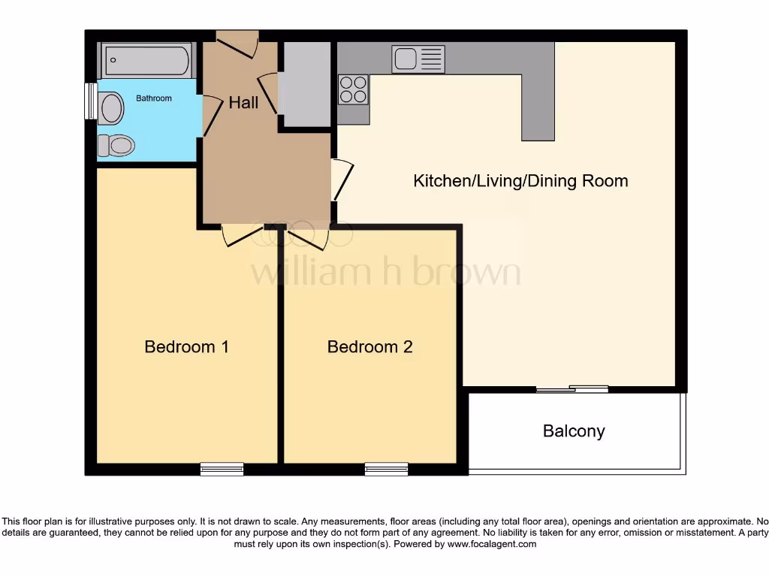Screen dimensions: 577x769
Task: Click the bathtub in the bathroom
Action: tap(147, 60)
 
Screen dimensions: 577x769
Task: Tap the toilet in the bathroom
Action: tap(116, 144)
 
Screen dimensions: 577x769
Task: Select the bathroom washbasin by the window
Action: tap(111, 107)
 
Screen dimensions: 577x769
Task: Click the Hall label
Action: tap(243, 103)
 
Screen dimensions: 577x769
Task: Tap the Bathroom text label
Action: tap(153, 98)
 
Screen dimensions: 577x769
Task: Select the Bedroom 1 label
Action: tap(186, 346)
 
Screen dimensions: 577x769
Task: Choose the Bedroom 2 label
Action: tap(369, 346)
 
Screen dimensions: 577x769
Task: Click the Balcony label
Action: tap(574, 431)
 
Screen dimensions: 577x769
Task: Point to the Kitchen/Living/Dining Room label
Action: tap(520, 180)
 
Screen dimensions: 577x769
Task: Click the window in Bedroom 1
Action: tap(222, 469)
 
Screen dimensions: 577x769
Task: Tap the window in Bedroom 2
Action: tap(386, 469)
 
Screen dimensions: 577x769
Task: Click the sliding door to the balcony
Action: tap(572, 389)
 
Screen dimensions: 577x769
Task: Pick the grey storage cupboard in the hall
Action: tap(304, 84)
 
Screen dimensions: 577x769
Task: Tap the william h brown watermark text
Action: tap(384, 272)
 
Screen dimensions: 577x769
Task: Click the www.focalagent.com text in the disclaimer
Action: tap(493, 544)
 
